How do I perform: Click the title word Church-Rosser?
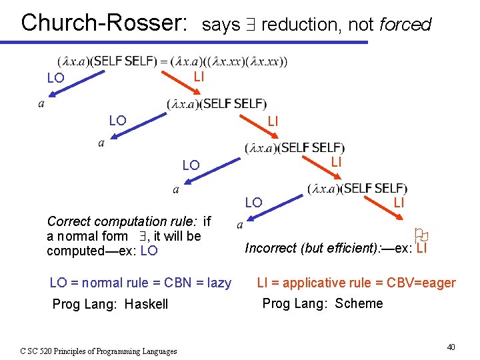click(x=104, y=22)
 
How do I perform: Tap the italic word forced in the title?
click(x=405, y=25)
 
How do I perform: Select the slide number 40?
click(x=451, y=347)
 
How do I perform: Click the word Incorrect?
click(x=271, y=248)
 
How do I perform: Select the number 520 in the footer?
click(x=52, y=351)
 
